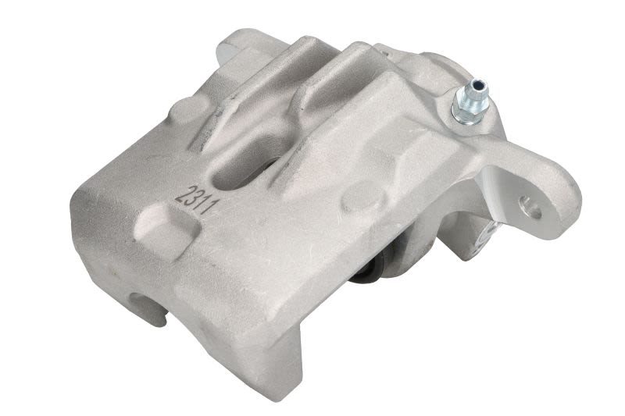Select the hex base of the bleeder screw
pos(464,112)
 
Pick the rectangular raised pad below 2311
pos(167,231)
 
